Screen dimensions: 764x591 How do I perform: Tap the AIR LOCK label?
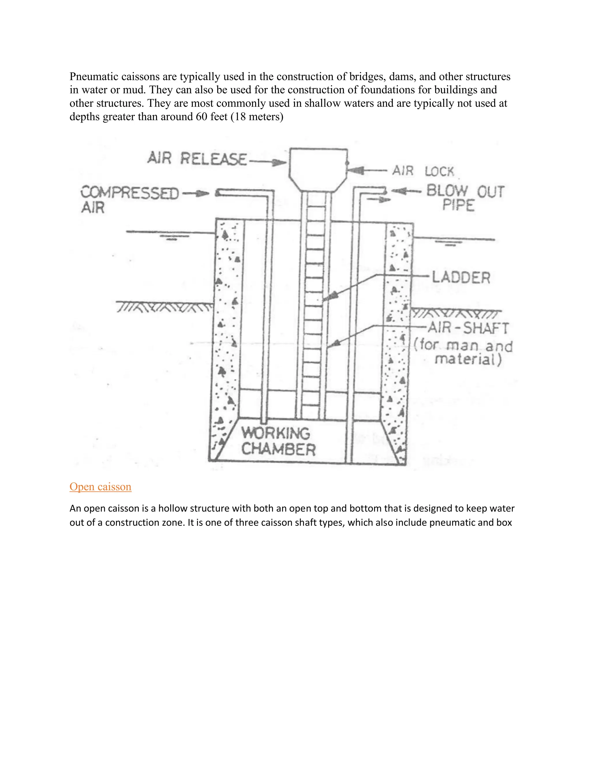pyautogui.click(x=423, y=171)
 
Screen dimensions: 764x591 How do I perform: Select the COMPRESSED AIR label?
pyautogui.click(x=129, y=200)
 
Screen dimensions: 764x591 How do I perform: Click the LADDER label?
pyautogui.click(x=461, y=277)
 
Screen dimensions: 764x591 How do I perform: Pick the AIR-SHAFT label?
pyautogui.click(x=468, y=328)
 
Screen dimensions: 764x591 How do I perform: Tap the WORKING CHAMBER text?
pyautogui.click(x=278, y=441)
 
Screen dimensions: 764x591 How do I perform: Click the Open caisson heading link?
pyautogui.click(x=100, y=487)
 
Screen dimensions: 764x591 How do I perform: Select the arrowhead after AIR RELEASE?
pyautogui.click(x=279, y=162)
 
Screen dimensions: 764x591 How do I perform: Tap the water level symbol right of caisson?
pyautogui.click(x=451, y=244)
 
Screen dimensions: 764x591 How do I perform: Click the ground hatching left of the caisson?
pyautogui.click(x=164, y=307)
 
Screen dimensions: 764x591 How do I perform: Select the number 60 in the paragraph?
pyautogui.click(x=202, y=116)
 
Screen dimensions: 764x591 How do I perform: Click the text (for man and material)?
pyautogui.click(x=463, y=353)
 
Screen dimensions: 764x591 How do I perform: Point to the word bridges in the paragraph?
pyautogui.click(x=367, y=77)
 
